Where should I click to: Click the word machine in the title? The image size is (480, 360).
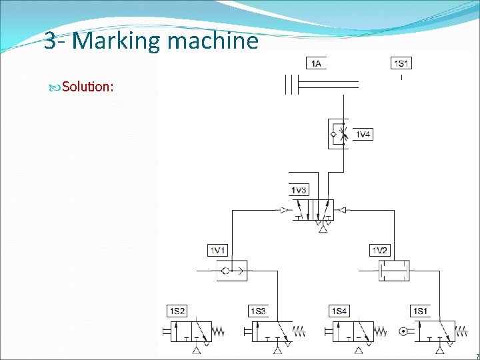pos(213,41)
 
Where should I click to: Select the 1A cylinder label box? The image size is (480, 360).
pos(316,63)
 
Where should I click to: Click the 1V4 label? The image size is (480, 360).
pos(363,135)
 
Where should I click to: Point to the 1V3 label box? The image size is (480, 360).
pos(299,191)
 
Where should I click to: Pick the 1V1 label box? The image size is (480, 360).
pos(218,251)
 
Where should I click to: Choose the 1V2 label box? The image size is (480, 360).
pos(379,251)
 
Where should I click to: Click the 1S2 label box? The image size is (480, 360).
pos(177,311)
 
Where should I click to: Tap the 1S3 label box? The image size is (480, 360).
pos(258,311)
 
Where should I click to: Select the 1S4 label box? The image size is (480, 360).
pos(339,311)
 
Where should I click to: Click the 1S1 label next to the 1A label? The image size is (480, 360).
pos(401,63)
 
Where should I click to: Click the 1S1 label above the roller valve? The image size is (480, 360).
pos(420,311)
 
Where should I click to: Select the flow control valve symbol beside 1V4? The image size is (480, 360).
pos(339,135)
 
